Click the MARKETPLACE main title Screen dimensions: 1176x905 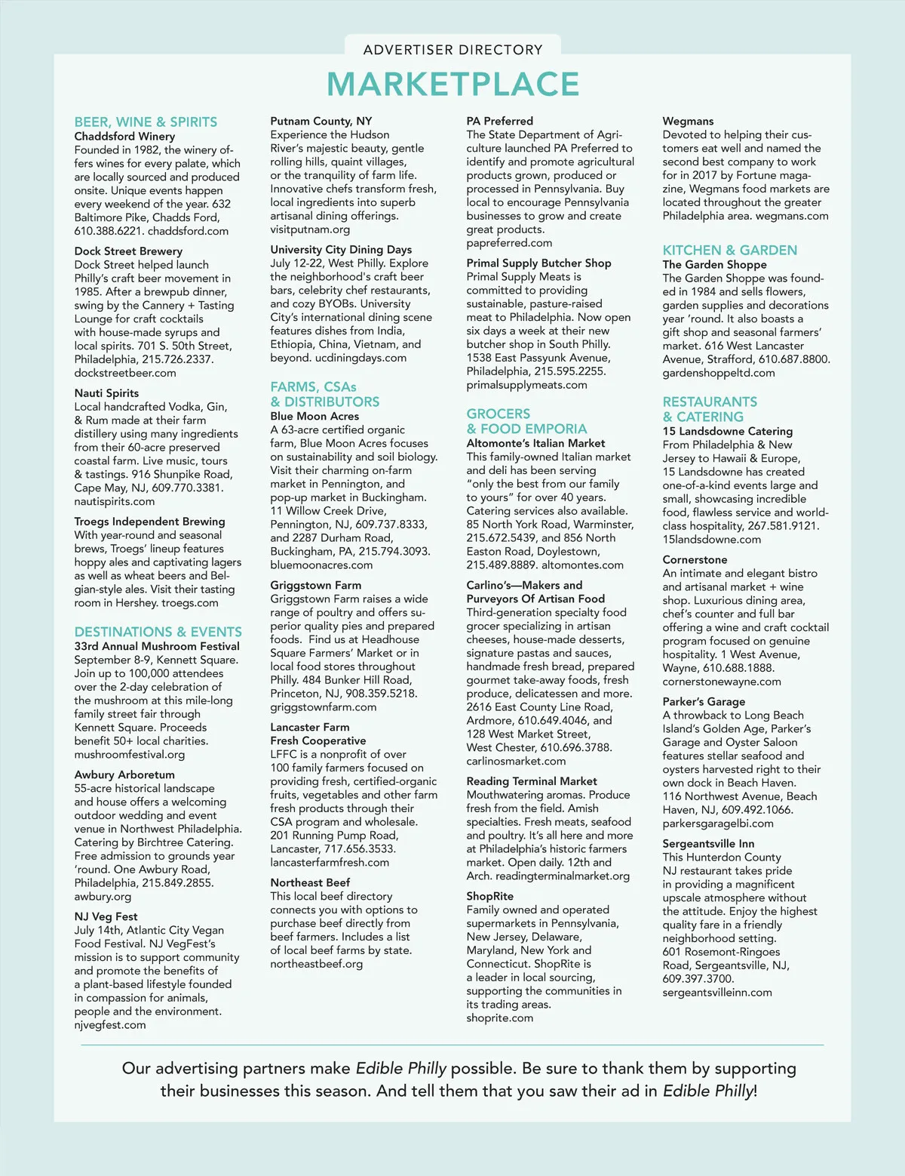coord(452,85)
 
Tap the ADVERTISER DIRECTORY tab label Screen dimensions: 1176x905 coord(452,50)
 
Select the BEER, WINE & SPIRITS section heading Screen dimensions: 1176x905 coord(146,122)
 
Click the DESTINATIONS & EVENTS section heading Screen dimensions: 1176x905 coord(158,632)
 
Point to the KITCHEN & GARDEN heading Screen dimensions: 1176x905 coord(729,250)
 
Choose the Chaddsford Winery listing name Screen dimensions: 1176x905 coord(124,137)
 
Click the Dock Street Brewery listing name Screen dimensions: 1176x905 coord(128,251)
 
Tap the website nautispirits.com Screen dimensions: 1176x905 coord(115,501)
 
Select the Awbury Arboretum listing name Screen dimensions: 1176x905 coord(124,774)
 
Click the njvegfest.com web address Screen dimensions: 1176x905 coord(110,1025)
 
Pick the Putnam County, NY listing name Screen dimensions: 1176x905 coord(321,121)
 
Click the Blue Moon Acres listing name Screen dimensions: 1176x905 coord(314,416)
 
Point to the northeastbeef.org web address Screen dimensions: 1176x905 coord(317,964)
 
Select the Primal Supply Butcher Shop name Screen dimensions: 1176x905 coord(538,263)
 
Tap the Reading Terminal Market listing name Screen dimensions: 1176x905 coord(532,781)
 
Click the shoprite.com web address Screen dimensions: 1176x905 coord(499,1018)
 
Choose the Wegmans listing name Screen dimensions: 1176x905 coord(688,121)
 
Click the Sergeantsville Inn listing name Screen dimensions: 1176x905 coord(708,844)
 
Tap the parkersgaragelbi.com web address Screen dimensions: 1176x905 coord(718,824)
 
